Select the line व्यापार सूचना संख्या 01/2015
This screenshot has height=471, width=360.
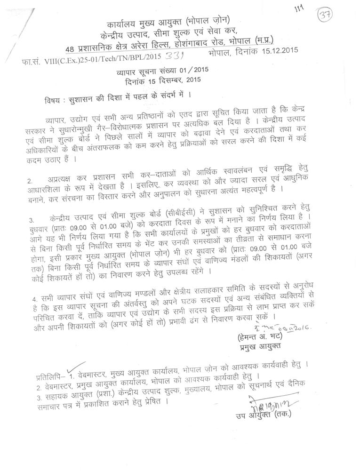point(157,71)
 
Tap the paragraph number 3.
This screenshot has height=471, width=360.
point(30,219)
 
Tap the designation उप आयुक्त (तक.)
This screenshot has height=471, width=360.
point(264,415)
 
